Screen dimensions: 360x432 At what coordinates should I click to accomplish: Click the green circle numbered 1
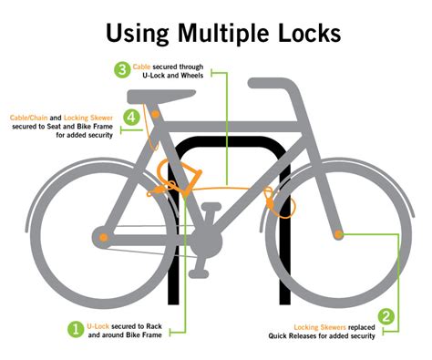pyautogui.click(x=76, y=329)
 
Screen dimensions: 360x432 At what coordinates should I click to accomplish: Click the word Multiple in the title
pyautogui.click(x=231, y=34)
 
